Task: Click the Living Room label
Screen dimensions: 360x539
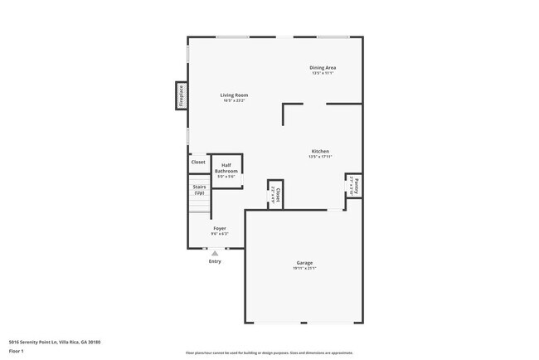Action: pos(234,95)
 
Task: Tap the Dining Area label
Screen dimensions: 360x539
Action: pos(323,67)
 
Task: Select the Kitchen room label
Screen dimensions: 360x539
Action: pos(319,151)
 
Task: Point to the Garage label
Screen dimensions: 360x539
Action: pos(304,263)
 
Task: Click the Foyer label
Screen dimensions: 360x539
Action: pos(220,228)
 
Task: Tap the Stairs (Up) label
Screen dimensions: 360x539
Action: pos(199,190)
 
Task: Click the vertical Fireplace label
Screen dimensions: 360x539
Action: pos(181,95)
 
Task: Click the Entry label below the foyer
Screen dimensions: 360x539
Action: pos(215,261)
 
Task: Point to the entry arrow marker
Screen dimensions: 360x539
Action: pos(215,253)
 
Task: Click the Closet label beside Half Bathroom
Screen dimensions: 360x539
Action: pos(198,162)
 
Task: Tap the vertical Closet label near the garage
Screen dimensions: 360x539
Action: pos(279,195)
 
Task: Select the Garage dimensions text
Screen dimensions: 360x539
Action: pos(304,269)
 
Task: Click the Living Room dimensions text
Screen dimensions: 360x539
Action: pos(234,100)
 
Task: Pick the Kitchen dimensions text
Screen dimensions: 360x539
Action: pos(319,157)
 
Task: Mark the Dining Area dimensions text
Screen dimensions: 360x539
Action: pos(323,73)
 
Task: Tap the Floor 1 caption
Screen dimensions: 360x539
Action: pos(17,351)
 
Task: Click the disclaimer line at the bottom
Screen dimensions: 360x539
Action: pos(269,353)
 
